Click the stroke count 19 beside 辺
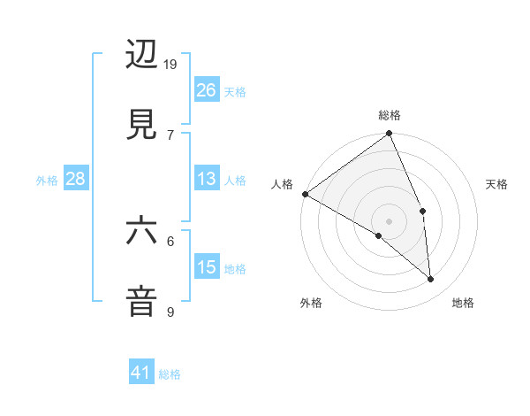(x=171, y=65)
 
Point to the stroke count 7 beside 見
(x=170, y=134)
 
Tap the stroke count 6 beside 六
(x=170, y=241)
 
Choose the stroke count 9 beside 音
(x=170, y=311)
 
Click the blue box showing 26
(x=207, y=89)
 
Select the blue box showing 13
(x=207, y=180)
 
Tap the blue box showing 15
(x=207, y=267)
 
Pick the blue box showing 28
(x=76, y=180)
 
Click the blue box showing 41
(x=141, y=373)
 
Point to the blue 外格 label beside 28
(x=47, y=181)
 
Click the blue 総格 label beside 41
(x=170, y=374)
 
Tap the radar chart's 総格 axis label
(x=390, y=115)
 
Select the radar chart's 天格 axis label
(x=496, y=184)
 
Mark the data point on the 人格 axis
(x=305, y=194)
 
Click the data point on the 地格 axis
(x=431, y=280)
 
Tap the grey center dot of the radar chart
(x=389, y=220)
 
